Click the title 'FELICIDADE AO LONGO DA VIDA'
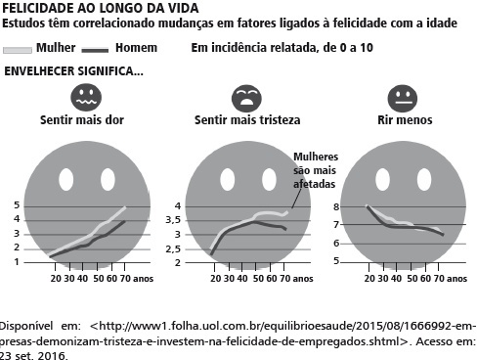tap(101, 8)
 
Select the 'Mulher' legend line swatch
tap(18, 50)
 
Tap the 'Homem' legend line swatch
tap(95, 50)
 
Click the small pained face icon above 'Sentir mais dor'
tap(86, 98)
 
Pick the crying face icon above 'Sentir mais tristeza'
tap(246, 99)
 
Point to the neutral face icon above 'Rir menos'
tap(403, 99)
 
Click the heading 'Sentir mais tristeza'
tap(247, 120)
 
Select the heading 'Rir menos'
tap(405, 120)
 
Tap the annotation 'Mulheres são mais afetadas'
tap(315, 170)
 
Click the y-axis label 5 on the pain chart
tap(17, 205)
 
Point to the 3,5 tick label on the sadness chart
tap(173, 220)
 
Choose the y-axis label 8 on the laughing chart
tap(336, 206)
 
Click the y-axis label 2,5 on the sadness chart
tap(173, 249)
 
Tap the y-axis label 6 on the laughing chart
tap(336, 244)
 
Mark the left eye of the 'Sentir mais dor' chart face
tap(66, 179)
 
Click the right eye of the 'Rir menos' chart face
tap(424, 179)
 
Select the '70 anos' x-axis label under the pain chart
tap(137, 279)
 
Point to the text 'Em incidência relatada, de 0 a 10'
tap(282, 48)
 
